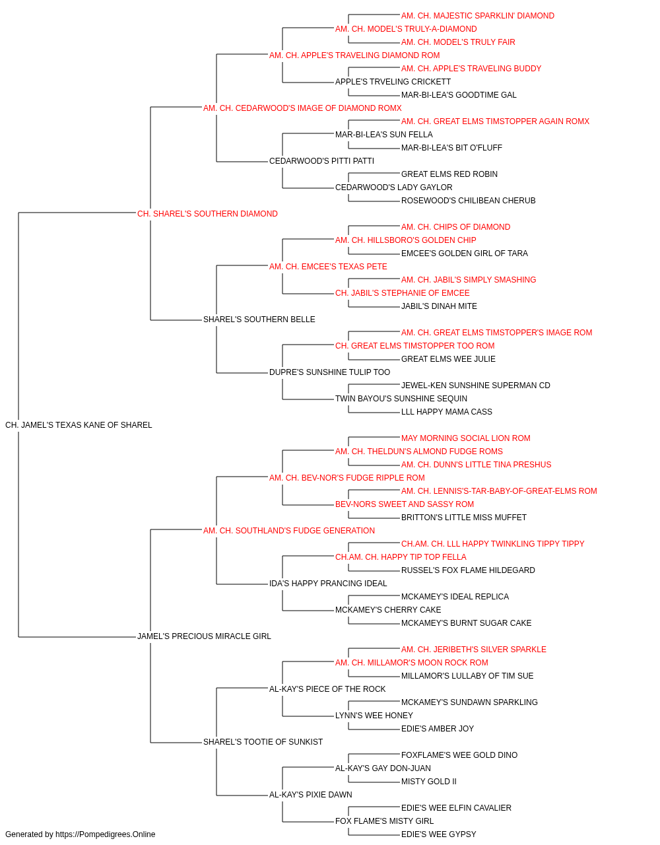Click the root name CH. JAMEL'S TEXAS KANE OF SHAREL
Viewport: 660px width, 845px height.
click(79, 425)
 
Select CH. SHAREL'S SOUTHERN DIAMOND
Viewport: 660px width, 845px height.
click(207, 214)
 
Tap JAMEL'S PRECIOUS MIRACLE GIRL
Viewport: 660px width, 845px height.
click(204, 636)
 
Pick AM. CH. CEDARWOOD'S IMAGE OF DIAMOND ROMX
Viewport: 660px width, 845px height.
click(302, 108)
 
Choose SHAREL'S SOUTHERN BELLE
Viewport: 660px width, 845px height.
click(259, 320)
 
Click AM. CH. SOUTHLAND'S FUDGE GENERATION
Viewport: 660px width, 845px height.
click(289, 530)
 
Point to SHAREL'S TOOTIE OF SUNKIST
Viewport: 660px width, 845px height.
click(263, 741)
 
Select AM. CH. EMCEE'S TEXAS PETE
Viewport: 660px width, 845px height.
click(328, 266)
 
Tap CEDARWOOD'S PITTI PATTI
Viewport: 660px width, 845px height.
click(321, 161)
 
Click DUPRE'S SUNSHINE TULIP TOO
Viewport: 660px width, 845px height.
click(329, 372)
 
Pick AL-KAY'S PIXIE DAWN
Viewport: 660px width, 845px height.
click(311, 794)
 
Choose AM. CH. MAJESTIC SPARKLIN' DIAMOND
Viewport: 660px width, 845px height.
click(478, 16)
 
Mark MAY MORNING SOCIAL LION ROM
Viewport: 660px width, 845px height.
click(466, 438)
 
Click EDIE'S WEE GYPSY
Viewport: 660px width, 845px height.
click(438, 834)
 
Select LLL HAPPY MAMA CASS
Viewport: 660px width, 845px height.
click(447, 412)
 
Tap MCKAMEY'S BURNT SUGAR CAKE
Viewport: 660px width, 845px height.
click(466, 623)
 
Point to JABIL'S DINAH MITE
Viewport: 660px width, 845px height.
click(439, 306)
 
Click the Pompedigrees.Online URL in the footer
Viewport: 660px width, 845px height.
click(105, 834)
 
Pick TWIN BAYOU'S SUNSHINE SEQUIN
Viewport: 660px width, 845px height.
click(401, 399)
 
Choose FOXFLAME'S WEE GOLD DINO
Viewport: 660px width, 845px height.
click(459, 755)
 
